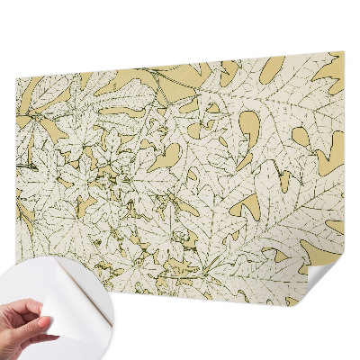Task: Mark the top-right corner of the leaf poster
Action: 343,52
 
